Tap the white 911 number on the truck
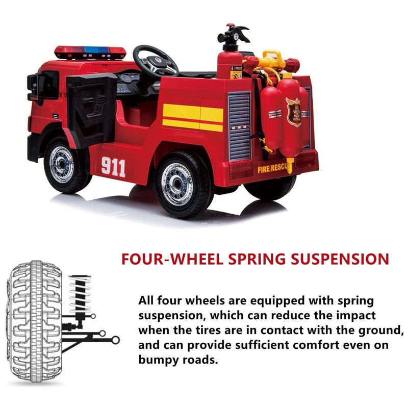[113, 167]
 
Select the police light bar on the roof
[90, 52]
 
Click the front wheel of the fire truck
[64, 165]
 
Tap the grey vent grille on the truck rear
[239, 125]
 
